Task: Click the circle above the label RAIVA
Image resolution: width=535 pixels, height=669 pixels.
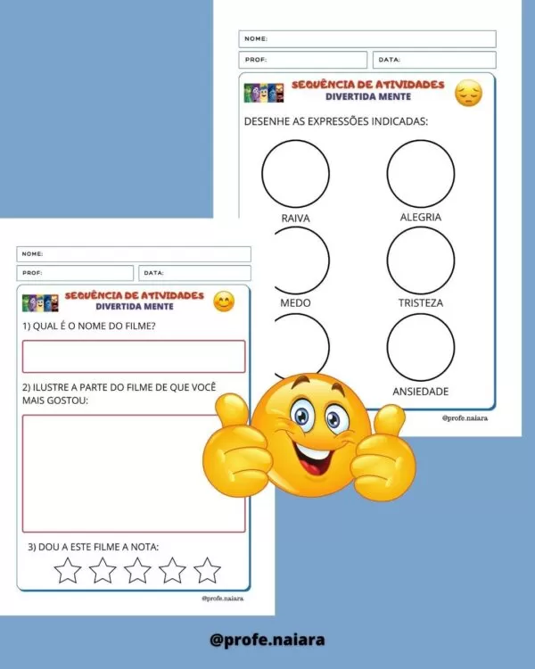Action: [262, 174]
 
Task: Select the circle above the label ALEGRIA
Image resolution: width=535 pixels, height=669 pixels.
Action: [387, 174]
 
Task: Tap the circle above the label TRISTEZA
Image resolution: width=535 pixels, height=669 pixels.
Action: [387, 260]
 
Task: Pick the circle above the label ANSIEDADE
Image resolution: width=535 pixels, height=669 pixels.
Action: [387, 347]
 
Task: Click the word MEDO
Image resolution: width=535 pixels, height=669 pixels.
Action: [295, 303]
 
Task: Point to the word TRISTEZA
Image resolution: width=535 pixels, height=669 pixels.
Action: [421, 303]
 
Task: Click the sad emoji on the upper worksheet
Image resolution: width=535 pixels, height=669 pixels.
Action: [468, 93]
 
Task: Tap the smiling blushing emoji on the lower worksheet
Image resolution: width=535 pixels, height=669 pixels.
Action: [224, 301]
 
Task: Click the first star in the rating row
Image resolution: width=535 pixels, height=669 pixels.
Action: [68, 571]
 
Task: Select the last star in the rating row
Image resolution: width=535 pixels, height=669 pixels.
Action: [207, 571]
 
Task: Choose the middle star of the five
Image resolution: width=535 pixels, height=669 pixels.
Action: [137, 571]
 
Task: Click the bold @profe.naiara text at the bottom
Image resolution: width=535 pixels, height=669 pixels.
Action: [267, 640]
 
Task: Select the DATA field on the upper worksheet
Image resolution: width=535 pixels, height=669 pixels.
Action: [434, 60]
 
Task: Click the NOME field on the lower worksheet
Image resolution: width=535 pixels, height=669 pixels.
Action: [134, 254]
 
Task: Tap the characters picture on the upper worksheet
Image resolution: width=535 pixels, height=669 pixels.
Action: [264, 93]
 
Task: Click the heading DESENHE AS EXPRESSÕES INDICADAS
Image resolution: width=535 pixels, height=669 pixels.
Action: [336, 121]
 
